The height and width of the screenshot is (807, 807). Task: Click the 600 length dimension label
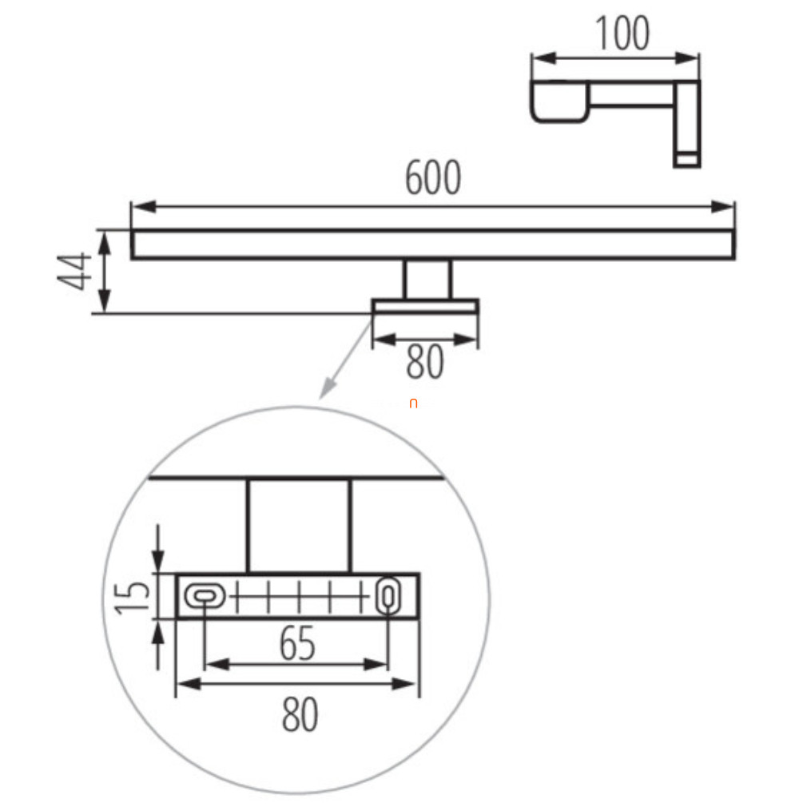point(433,177)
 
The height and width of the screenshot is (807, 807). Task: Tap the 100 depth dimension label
point(622,34)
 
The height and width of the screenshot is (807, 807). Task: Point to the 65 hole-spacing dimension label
point(297,643)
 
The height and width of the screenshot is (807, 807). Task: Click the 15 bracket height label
point(132,597)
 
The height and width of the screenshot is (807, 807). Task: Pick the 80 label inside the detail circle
point(300,714)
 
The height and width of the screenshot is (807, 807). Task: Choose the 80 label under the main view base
point(424,362)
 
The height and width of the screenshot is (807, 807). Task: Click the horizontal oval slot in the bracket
point(205,597)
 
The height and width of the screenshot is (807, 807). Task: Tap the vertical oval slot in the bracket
point(388,596)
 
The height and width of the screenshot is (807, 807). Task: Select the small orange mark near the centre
point(413,403)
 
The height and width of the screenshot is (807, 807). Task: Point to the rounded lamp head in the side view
point(560,101)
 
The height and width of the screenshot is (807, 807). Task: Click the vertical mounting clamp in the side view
point(686,124)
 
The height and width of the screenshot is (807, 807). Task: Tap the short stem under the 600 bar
point(427,279)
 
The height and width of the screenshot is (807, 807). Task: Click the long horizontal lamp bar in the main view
point(433,244)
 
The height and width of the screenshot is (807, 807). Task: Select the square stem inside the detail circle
point(299,526)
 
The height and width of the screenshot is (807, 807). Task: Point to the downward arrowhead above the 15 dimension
point(158,561)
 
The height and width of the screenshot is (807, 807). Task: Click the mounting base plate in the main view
point(425,306)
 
